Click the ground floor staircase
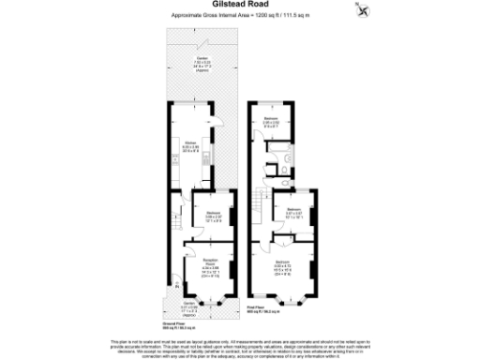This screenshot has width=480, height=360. [x=175, y=225]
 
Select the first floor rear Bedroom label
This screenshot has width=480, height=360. [x=271, y=122]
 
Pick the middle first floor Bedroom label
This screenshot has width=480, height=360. [x=292, y=212]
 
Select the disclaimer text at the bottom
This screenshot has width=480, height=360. [x=240, y=348]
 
